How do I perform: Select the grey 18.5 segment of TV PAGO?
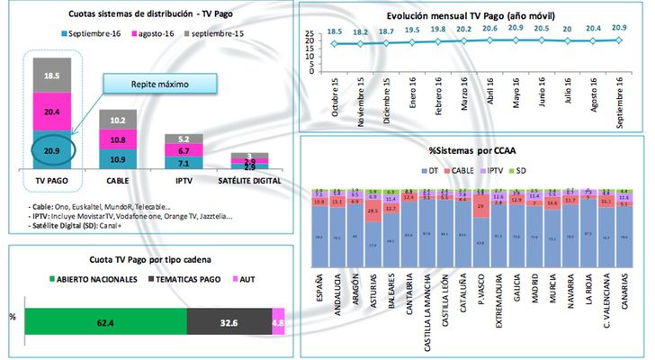click(x=52, y=75)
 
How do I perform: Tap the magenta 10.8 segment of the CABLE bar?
click(x=117, y=140)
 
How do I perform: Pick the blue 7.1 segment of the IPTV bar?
click(x=184, y=164)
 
